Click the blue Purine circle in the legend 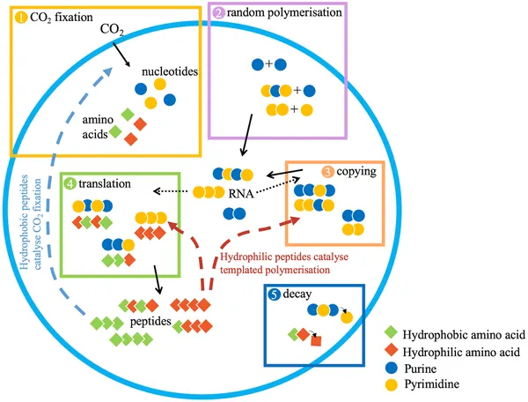point(390,368)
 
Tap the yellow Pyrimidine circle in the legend point(390,384)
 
